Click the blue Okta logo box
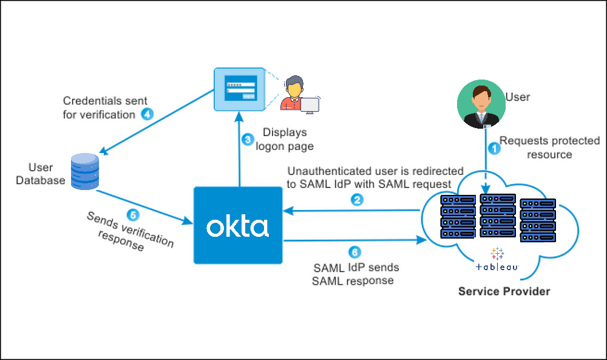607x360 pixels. [238, 225]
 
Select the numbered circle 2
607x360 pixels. [358, 199]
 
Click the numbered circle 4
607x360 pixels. [147, 114]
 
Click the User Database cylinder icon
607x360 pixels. [84, 172]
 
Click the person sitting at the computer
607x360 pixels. [297, 94]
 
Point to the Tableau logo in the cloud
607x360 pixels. [497, 260]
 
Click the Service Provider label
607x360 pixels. [504, 291]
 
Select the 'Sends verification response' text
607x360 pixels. [129, 232]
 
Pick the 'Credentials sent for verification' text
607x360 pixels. [104, 107]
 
